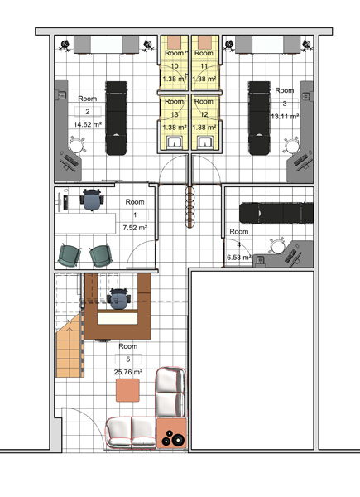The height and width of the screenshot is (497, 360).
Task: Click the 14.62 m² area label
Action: (88, 124)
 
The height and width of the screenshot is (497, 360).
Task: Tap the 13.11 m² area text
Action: (285, 116)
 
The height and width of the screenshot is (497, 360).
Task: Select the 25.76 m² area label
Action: (128, 372)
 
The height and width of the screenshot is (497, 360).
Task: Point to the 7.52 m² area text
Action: (135, 228)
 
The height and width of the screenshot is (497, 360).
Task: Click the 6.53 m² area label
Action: (238, 257)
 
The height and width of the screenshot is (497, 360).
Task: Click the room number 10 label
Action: (175, 66)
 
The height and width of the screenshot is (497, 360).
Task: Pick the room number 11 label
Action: (204, 66)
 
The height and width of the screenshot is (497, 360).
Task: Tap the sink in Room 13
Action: (175, 142)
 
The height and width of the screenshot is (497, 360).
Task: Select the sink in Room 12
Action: (204, 142)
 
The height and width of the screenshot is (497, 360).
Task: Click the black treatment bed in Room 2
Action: (117, 118)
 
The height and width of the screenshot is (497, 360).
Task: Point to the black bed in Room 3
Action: (259, 118)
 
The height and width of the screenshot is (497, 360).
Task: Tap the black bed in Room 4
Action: (276, 213)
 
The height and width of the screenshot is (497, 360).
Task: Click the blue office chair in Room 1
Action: (92, 200)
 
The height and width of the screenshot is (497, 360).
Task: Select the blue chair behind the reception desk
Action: (118, 298)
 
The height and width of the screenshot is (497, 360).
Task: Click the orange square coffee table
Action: (127, 390)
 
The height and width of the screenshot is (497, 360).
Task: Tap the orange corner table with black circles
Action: (171, 433)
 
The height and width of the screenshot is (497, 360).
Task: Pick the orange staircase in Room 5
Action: (70, 345)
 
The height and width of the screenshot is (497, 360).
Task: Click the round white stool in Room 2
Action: (76, 146)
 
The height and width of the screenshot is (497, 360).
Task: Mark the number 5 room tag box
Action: (128, 359)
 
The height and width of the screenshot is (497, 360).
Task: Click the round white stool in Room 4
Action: (278, 247)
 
